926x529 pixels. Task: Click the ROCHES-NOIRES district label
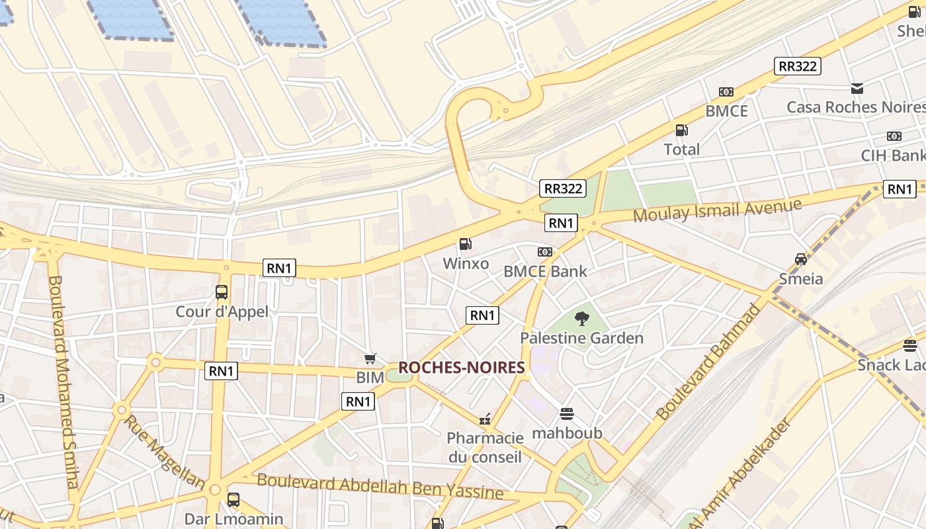462,368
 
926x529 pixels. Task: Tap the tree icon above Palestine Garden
581,319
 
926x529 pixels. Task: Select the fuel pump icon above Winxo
466,245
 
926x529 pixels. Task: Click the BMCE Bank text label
545,271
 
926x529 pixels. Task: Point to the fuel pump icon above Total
681,130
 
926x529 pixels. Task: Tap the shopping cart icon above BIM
370,358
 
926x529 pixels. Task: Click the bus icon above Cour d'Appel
222,292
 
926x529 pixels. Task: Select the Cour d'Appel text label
222,311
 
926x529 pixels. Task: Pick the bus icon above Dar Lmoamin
233,500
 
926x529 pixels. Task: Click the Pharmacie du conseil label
485,447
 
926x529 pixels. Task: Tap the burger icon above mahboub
567,414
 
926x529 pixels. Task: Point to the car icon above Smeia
801,259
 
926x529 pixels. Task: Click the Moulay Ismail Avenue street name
718,210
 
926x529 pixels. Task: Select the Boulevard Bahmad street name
709,362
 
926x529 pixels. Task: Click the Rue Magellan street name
164,452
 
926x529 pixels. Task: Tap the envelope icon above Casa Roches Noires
857,88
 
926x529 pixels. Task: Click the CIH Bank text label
893,155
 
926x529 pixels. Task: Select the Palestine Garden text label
581,339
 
